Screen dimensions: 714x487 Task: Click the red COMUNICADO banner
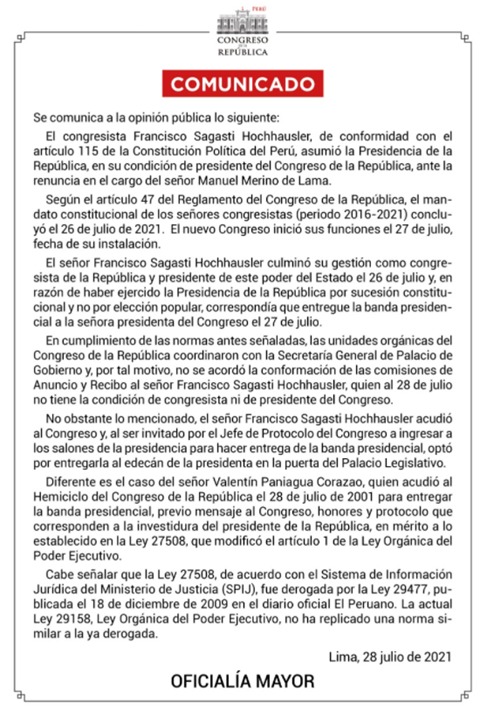(243, 83)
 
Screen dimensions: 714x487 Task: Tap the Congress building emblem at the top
(243, 22)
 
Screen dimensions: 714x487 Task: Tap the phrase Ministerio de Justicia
(154, 594)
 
